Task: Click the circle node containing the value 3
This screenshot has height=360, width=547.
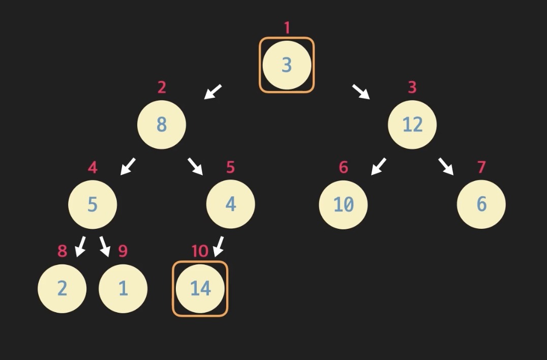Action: tap(287, 65)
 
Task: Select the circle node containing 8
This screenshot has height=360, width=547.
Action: tap(162, 125)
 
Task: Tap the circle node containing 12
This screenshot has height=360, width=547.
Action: tap(412, 125)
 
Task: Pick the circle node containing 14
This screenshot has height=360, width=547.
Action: tap(200, 288)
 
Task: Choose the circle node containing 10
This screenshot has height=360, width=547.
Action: tap(343, 204)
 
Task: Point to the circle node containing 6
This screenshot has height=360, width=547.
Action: tap(481, 204)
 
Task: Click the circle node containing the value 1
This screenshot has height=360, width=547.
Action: tap(123, 288)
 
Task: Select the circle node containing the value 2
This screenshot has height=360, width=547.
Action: tap(62, 288)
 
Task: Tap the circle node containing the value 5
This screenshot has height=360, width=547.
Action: tap(93, 204)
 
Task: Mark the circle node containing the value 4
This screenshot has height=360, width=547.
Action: tap(230, 204)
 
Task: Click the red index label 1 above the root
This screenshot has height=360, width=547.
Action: tap(287, 27)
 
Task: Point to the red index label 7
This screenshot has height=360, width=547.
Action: tap(481, 167)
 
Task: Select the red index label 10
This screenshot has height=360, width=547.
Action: tap(200, 251)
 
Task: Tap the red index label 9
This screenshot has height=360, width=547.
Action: tap(123, 251)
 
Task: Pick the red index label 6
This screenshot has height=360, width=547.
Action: tap(344, 167)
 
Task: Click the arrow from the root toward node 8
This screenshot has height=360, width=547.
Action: tap(213, 92)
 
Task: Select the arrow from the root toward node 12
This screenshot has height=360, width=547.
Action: tap(361, 92)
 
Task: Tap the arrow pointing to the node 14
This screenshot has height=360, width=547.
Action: tap(219, 247)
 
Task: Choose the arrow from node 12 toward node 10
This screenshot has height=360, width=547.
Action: tap(379, 166)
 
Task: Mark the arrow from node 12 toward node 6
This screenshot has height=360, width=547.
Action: tap(446, 166)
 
